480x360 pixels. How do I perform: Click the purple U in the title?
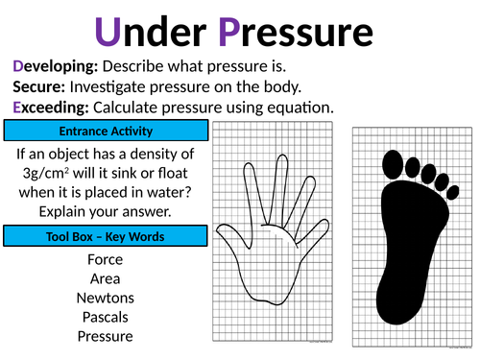pyautogui.click(x=108, y=32)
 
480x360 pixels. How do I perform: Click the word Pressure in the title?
pyautogui.click(x=296, y=32)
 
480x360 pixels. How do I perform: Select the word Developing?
pyautogui.click(x=55, y=67)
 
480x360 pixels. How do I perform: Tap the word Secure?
pyautogui.click(x=39, y=86)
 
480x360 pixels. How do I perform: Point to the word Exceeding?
pyautogui.click(x=51, y=108)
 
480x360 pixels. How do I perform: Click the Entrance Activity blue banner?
pyautogui.click(x=106, y=131)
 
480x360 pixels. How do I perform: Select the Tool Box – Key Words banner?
pyautogui.click(x=106, y=236)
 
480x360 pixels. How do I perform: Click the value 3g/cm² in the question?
pyautogui.click(x=46, y=174)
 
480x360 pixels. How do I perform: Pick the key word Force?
pyautogui.click(x=106, y=259)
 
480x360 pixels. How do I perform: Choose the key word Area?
pyautogui.click(x=106, y=278)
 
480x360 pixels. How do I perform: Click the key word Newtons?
pyautogui.click(x=106, y=298)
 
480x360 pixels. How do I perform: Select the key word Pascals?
pyautogui.click(x=106, y=317)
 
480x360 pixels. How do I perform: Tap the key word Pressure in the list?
pyautogui.click(x=106, y=336)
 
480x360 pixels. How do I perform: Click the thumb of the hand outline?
pyautogui.click(x=233, y=236)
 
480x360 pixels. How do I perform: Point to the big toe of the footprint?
pyautogui.click(x=393, y=164)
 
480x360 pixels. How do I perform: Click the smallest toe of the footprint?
pyautogui.click(x=452, y=192)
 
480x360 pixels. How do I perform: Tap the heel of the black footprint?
pyautogui.click(x=396, y=304)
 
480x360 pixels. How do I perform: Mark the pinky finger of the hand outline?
pyautogui.click(x=312, y=231)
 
